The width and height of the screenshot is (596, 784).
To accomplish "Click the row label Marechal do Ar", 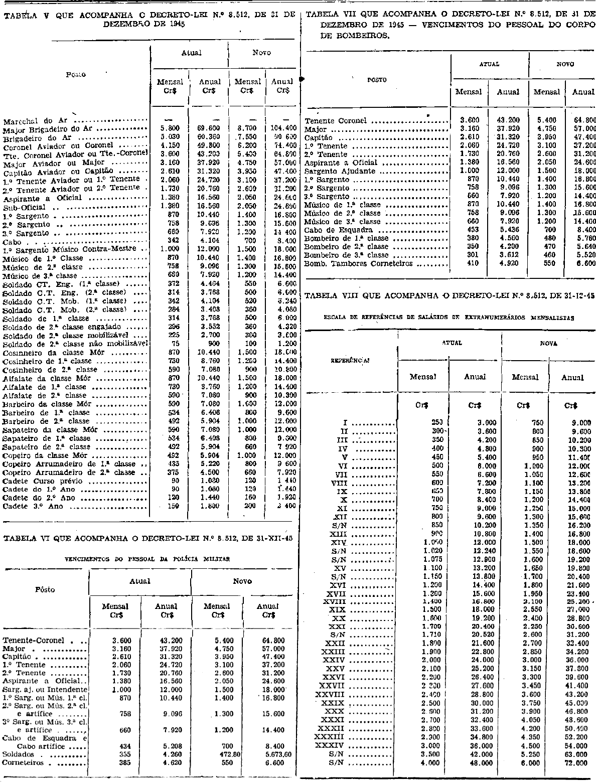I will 35,120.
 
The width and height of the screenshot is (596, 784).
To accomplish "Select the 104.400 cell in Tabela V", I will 282,128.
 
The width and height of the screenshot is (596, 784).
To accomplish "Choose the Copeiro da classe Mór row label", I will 38,455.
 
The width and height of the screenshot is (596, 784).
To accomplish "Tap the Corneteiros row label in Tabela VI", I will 23,763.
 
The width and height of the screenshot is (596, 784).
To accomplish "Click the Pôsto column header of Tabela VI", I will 45,590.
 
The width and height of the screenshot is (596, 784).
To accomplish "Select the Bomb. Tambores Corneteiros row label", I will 359,263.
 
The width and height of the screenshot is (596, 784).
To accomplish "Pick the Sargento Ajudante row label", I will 340,171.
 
